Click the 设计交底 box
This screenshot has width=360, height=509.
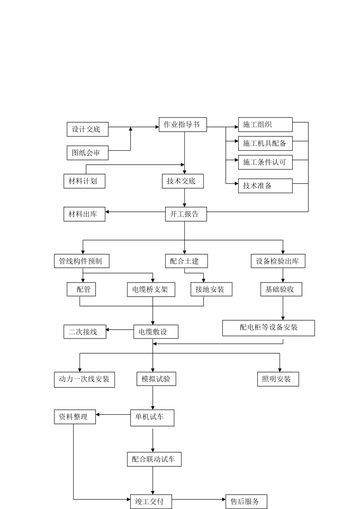pyautogui.click(x=88, y=129)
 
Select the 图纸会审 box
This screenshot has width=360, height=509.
pyautogui.click(x=88, y=153)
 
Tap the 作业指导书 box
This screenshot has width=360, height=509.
pyautogui.click(x=183, y=124)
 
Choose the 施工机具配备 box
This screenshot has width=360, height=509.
pyautogui.click(x=265, y=143)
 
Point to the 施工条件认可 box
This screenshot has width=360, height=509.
pyautogui.click(x=265, y=162)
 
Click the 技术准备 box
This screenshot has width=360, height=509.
pyautogui.click(x=265, y=186)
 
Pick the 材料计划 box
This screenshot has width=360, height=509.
pyautogui.click(x=84, y=181)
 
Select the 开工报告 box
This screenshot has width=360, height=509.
pyautogui.click(x=186, y=214)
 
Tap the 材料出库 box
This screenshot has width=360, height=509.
pyautogui.click(x=84, y=214)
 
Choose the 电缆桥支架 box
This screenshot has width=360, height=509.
pyautogui.click(x=151, y=289)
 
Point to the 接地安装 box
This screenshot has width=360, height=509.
pyautogui.click(x=211, y=289)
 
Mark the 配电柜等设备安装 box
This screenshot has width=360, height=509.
pyautogui.click(x=268, y=328)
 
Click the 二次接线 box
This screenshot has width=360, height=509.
pyautogui.click(x=85, y=332)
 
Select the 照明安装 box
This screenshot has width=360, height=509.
pyautogui.click(x=278, y=379)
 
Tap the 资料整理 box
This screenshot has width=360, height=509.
pyautogui.click(x=75, y=417)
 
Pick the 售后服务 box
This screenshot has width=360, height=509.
pyautogui.click(x=246, y=501)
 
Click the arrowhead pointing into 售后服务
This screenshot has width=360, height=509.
pyautogui.click(x=224, y=500)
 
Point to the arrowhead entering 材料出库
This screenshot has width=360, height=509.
pyautogui.click(x=107, y=212)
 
